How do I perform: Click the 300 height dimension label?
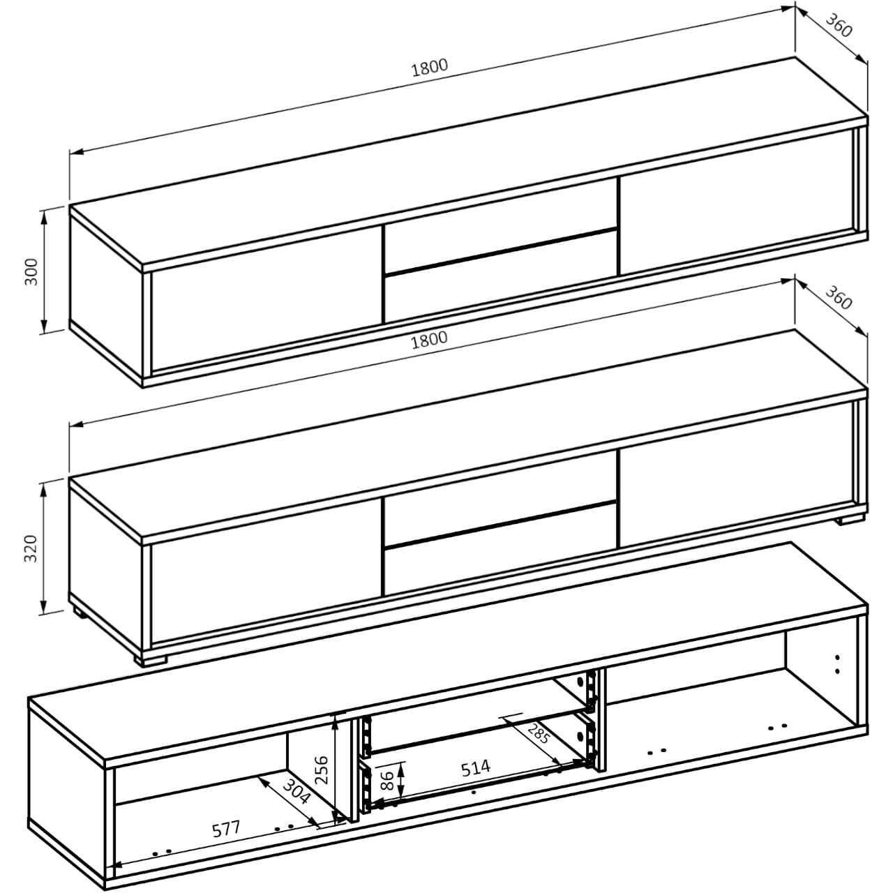pos(31,271)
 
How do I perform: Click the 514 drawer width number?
pos(475,768)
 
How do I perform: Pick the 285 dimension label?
pos(537,734)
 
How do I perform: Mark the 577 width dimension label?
pos(225,830)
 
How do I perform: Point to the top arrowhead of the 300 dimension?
pos(44,213)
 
